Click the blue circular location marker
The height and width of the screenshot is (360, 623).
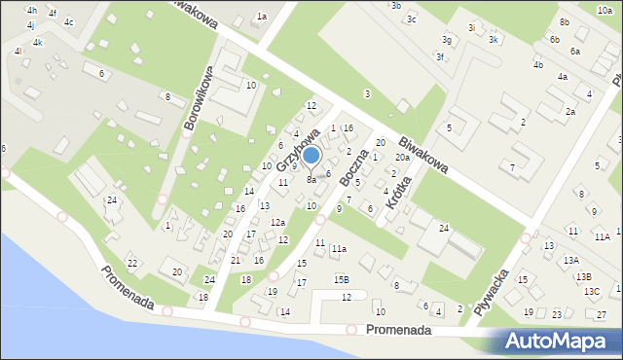click(x=311, y=155)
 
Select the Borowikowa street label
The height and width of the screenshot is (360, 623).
click(x=199, y=100)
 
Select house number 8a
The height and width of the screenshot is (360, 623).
click(x=311, y=180)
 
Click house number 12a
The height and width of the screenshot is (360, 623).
click(x=277, y=223)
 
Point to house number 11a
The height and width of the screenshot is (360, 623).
click(x=338, y=249)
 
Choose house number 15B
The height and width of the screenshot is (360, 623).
click(x=341, y=279)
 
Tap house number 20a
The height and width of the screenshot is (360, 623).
click(x=402, y=158)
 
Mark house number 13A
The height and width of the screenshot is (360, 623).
click(x=570, y=260)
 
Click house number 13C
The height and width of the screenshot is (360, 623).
click(x=592, y=291)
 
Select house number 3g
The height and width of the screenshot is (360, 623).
click(x=446, y=40)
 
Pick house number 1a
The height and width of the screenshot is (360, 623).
click(x=261, y=17)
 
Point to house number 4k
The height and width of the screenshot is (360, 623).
click(x=37, y=43)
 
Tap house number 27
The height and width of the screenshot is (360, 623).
click(x=602, y=313)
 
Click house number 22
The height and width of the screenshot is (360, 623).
click(x=132, y=264)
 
